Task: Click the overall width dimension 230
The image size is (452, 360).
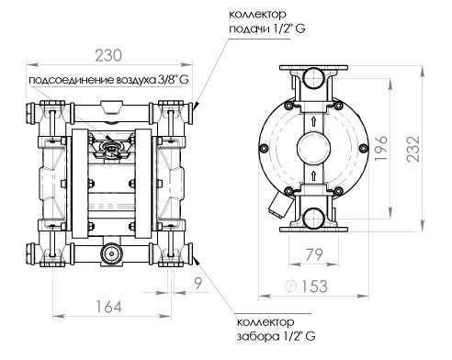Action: pos(110,54)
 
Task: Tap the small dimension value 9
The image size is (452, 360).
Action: pos(199,283)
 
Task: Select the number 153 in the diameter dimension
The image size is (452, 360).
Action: pos(318,287)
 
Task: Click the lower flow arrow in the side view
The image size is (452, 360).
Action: pos(313,173)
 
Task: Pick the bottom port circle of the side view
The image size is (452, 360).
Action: pos(313,219)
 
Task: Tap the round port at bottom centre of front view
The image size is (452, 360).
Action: pos(111,252)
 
